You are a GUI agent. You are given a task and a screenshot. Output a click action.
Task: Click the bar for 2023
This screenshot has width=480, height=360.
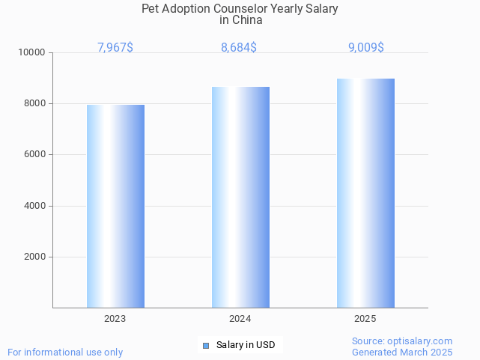[x=115, y=206]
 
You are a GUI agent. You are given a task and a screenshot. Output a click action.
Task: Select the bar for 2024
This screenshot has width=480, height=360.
[x=240, y=197]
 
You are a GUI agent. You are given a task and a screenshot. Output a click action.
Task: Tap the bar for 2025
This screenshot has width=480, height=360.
[x=365, y=193]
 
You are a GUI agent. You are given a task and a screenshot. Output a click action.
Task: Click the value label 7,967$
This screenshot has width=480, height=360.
[x=115, y=48]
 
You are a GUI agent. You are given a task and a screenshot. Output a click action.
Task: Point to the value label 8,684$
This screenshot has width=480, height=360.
[x=239, y=48]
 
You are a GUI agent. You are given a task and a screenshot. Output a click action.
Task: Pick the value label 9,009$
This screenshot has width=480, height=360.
[x=366, y=48]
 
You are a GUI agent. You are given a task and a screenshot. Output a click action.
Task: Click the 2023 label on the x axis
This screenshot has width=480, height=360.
[x=115, y=319]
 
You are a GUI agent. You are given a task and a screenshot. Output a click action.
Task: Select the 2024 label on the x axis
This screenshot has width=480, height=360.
[x=240, y=319]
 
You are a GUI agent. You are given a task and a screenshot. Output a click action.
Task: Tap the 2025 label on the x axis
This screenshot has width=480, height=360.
[x=365, y=319]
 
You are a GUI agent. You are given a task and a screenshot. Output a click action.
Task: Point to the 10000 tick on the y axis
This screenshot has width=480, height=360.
[x=33, y=53]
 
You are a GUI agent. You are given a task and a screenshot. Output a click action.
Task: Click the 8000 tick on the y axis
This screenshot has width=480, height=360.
[x=35, y=104]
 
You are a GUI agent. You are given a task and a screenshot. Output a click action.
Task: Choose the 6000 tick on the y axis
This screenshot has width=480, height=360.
[x=35, y=155]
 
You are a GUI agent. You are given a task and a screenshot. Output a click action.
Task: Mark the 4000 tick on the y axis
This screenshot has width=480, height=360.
[x=35, y=206]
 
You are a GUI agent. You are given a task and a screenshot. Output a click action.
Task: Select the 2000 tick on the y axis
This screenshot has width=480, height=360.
[x=35, y=257]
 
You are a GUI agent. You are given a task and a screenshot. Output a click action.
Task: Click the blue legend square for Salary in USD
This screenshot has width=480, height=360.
[x=206, y=345]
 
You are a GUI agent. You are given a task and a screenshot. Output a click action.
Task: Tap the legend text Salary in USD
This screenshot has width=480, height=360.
[x=246, y=345]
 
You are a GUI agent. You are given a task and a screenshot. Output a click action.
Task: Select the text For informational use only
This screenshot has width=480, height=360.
[x=65, y=352]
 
